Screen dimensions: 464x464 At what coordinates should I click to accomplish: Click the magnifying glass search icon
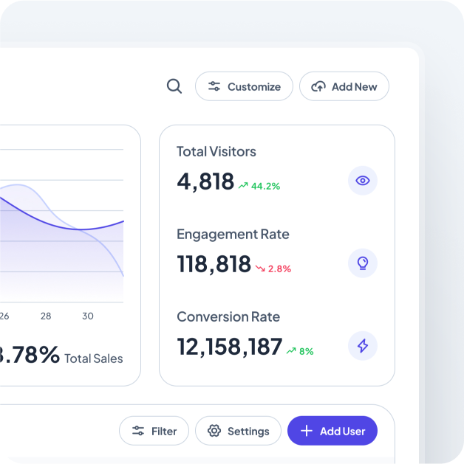coord(174,86)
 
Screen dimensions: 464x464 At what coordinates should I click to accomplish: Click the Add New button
coord(344,86)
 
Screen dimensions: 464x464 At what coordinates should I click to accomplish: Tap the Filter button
coord(154,431)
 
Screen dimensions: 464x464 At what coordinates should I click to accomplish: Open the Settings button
coord(238,431)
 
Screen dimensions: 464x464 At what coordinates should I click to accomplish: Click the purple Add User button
coord(332,431)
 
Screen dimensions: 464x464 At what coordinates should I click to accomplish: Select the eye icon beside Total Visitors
coord(362,181)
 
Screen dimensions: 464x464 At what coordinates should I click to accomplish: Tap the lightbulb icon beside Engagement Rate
coord(362,263)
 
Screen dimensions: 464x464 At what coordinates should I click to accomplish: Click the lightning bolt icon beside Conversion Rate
coord(362,346)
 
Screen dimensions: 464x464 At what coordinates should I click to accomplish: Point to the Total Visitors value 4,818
coord(205,181)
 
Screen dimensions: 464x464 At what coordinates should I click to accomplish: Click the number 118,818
coord(214,264)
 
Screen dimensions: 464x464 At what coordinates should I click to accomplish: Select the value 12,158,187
coord(230,347)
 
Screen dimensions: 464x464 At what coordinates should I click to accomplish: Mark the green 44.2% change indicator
coord(259,187)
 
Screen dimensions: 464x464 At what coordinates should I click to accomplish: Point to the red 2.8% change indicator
coord(273,269)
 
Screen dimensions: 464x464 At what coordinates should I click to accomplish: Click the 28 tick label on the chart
coord(46,316)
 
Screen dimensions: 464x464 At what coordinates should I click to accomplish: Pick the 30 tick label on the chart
coord(88,316)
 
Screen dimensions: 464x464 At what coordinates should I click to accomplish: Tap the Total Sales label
coord(94,359)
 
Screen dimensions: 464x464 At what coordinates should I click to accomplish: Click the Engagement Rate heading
coord(233,235)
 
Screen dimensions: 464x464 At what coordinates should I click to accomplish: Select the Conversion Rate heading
coord(228,317)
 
